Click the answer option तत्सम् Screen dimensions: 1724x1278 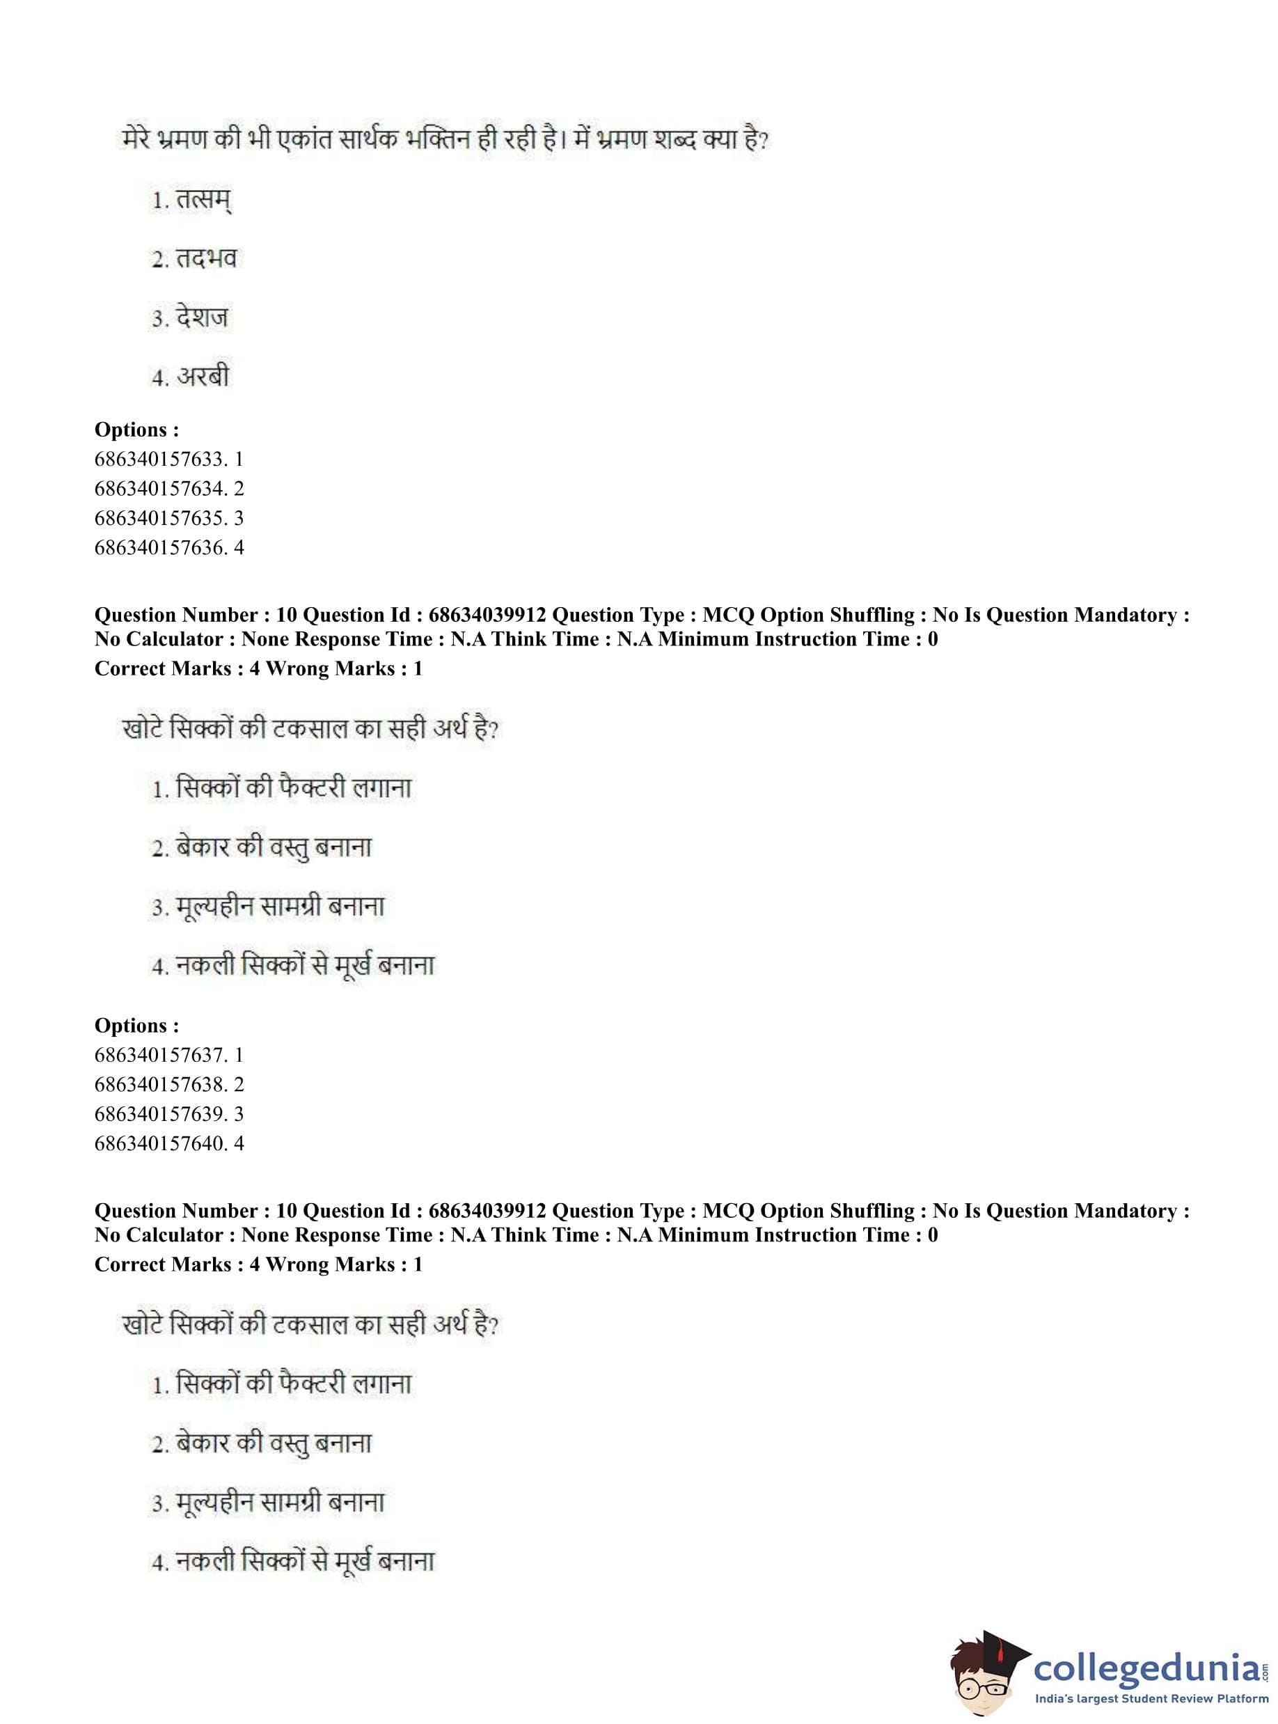click(x=203, y=201)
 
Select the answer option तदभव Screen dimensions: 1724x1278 click(x=205, y=259)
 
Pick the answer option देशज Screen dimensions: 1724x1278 click(x=201, y=318)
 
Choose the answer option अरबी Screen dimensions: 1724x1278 click(x=203, y=377)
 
